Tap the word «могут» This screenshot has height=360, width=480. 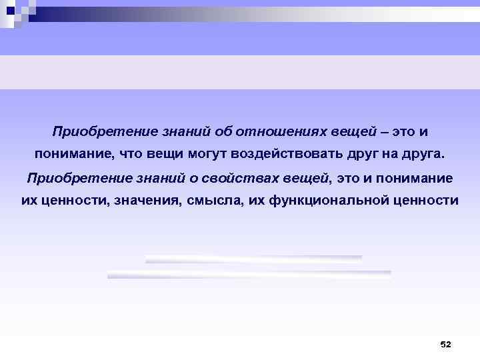tap(207, 154)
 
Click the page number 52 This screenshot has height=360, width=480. tap(446, 344)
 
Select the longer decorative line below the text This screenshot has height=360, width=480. tap(249, 274)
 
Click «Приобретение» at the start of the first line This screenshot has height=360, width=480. tap(94, 129)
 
